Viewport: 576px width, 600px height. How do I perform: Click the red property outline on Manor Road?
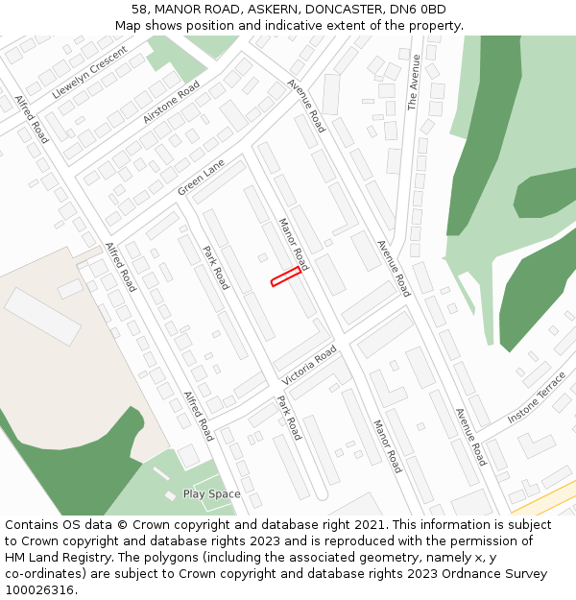click(285, 277)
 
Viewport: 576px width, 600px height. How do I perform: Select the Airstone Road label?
click(171, 101)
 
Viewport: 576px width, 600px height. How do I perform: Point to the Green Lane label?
click(201, 178)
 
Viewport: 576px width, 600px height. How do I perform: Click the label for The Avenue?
click(414, 83)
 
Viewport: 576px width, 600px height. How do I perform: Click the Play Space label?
click(211, 494)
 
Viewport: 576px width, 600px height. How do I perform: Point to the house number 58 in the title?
click(140, 10)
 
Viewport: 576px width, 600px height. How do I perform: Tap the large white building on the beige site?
click(43, 317)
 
